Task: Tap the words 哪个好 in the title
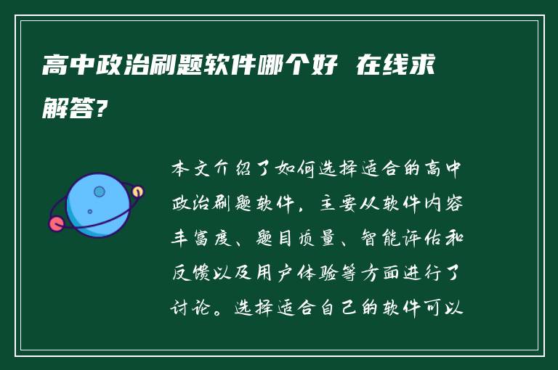click(x=302, y=68)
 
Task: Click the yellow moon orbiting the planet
click(x=137, y=192)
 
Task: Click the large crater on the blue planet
click(x=100, y=192)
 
